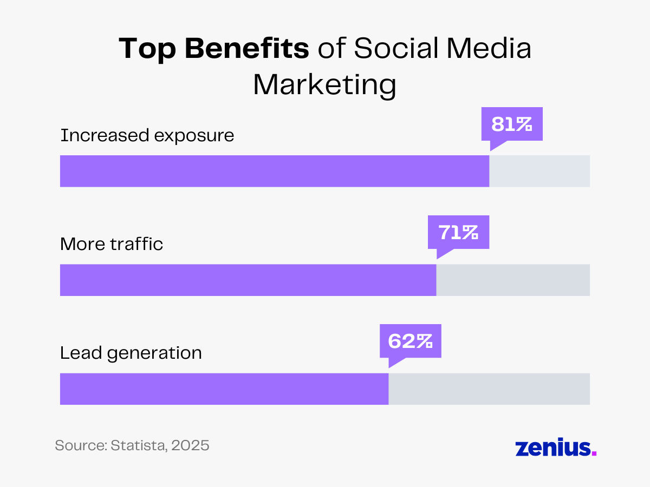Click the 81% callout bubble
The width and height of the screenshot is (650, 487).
coord(512,124)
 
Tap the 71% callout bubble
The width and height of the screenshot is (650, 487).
coord(458,233)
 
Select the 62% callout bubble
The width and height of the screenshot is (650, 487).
coord(410,341)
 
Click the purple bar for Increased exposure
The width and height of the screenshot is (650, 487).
coord(274,171)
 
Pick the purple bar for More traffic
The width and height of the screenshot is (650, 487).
coord(248,280)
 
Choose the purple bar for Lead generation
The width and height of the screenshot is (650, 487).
coord(224,389)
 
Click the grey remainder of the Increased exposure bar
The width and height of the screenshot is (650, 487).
coord(539,171)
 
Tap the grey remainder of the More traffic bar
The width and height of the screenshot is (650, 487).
coord(513,280)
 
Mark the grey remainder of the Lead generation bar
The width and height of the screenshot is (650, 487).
coord(489,389)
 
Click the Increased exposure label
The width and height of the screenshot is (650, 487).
coord(147,135)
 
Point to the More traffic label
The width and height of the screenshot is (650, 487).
coord(112,244)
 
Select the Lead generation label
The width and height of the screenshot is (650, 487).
coord(131,353)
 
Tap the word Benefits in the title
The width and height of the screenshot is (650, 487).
coord(247,49)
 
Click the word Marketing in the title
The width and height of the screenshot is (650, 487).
coord(324,86)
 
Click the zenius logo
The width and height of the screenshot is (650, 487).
coord(552,447)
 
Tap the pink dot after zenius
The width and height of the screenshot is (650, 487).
coord(594,453)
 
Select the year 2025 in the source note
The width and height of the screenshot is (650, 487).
coord(190,446)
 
